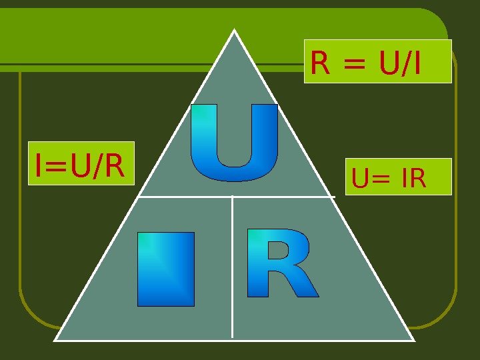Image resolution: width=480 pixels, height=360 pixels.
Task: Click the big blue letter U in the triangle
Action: tap(234, 143)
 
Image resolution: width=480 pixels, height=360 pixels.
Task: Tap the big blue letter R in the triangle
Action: tap(281, 263)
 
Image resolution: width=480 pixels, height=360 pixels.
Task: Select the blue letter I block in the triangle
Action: tap(166, 269)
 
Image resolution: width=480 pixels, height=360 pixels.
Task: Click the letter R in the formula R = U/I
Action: tap(320, 64)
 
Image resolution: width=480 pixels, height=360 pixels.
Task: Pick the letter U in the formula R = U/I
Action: tap(389, 64)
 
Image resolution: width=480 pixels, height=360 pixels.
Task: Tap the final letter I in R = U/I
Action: tap(417, 64)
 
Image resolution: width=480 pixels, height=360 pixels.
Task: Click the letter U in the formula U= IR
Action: tap(361, 179)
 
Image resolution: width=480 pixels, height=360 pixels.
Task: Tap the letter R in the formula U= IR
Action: tap(417, 179)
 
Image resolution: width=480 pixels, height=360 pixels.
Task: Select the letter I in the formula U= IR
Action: tap(404, 179)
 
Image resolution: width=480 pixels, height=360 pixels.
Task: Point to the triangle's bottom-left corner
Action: tap(55, 339)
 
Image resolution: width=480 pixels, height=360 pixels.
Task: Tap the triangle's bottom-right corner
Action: tap(413, 339)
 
